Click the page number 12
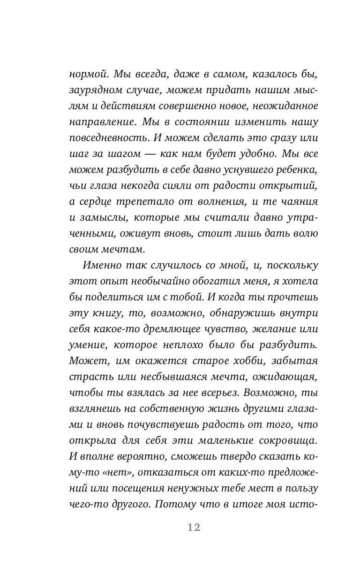tap(194, 527)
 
